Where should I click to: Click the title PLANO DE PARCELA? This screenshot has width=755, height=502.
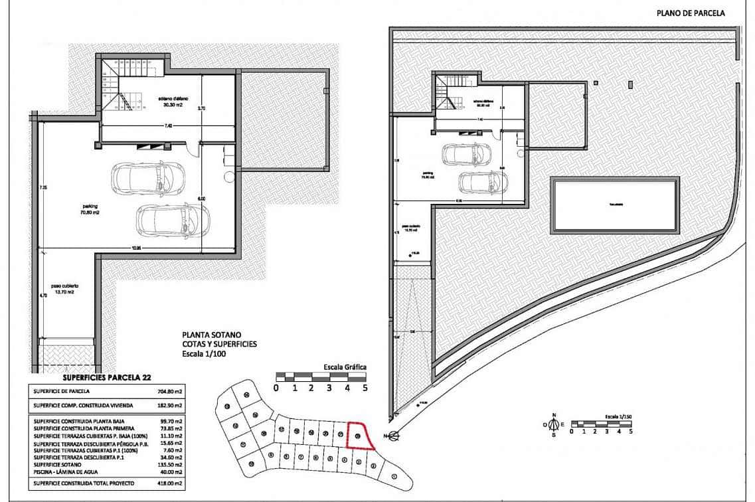click(x=691, y=13)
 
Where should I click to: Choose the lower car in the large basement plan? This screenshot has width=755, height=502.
click(x=173, y=220)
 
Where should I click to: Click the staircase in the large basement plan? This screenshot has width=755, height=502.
click(x=125, y=84)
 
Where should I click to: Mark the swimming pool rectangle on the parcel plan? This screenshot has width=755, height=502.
click(x=614, y=205)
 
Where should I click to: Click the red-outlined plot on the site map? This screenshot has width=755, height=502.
click(x=359, y=436)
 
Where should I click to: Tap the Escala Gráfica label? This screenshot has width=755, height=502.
click(x=345, y=367)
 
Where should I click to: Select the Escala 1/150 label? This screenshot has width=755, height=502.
click(x=618, y=416)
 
